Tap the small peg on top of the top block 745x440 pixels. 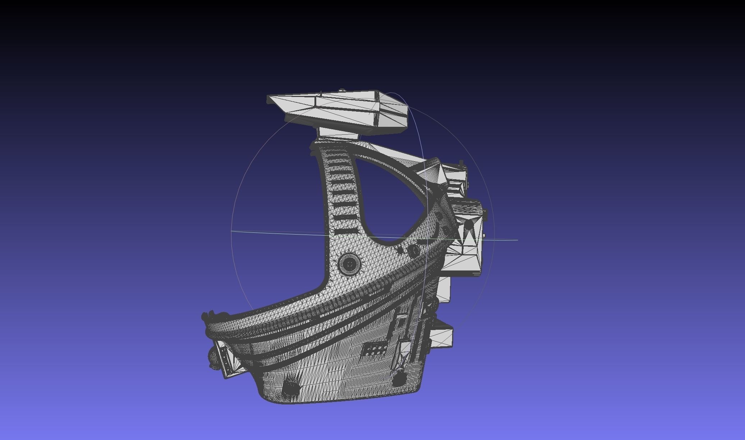pos(342,90)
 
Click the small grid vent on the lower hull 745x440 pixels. pos(376,349)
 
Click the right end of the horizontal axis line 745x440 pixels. pos(518,240)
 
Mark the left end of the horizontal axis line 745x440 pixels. pos(231,232)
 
